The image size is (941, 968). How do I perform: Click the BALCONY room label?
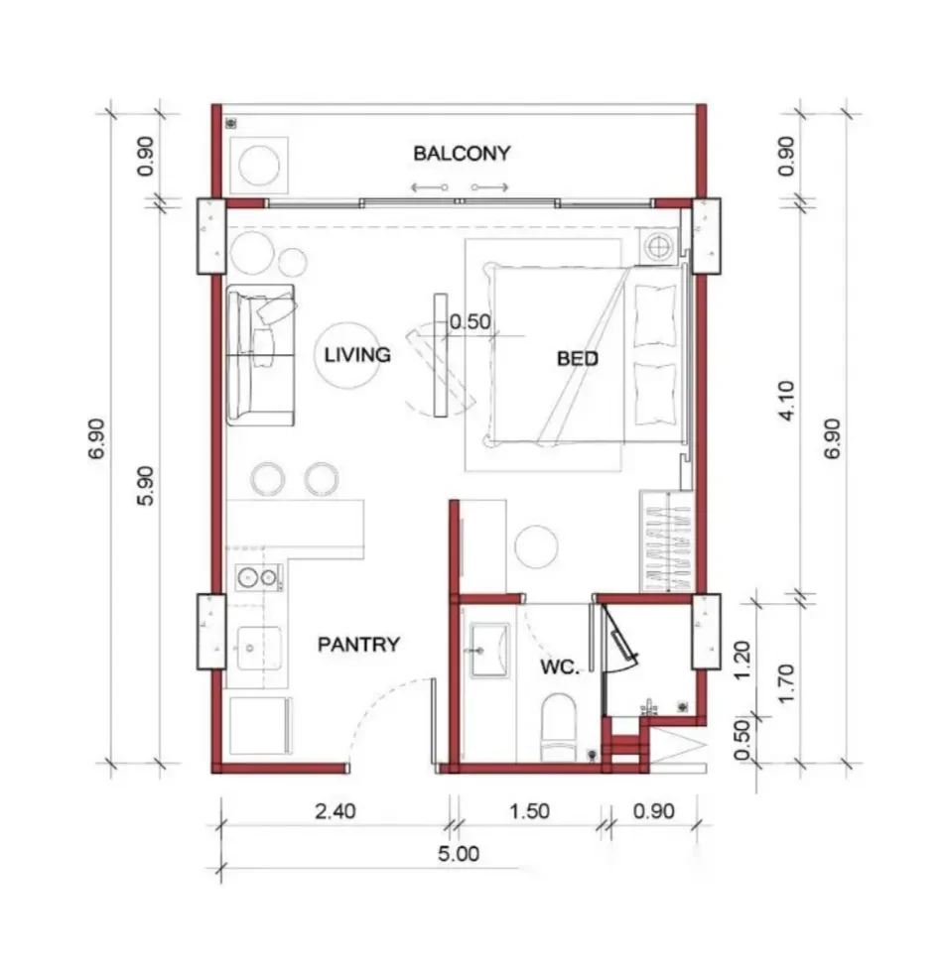point(462,153)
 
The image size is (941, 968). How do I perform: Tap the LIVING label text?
point(357,355)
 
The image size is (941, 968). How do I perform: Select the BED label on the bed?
point(577,359)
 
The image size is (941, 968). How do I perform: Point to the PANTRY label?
point(358,645)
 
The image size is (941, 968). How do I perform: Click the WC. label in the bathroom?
point(560,666)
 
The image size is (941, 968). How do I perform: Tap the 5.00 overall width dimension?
point(459,854)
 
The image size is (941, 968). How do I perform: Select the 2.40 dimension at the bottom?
point(335,811)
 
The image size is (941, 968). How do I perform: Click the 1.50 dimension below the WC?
point(529,811)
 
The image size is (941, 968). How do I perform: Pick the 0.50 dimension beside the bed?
point(470,321)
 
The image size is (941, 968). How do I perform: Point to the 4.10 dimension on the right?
point(786,401)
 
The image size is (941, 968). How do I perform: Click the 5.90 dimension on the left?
point(145,486)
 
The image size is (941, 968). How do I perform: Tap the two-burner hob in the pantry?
point(258,577)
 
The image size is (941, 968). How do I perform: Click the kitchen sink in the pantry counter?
point(259,649)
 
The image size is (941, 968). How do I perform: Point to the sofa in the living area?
point(260,355)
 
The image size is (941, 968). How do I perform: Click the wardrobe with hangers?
point(666,541)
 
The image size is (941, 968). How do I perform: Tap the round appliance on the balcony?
point(259,166)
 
